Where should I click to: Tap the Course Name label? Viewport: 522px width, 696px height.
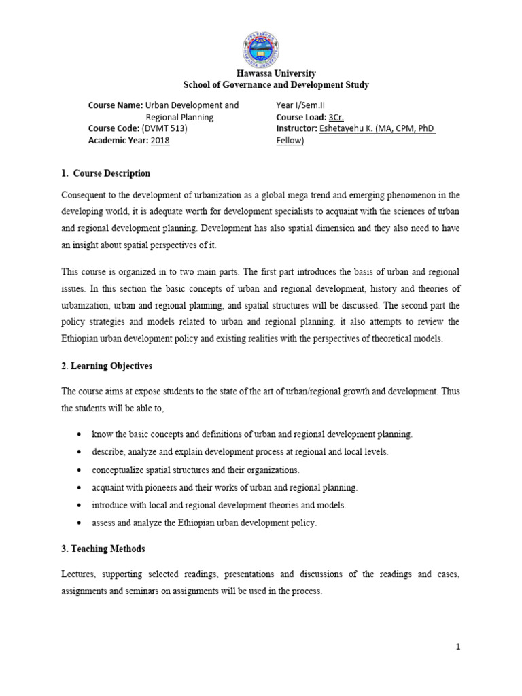[x=115, y=105]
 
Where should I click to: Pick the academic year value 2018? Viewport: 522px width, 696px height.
[x=160, y=140]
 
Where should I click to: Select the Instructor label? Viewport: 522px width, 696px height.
[x=297, y=128]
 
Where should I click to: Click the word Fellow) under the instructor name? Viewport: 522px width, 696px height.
[x=290, y=140]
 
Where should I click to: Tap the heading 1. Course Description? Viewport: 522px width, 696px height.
[x=105, y=173]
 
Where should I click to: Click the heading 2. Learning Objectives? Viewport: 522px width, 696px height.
[x=107, y=366]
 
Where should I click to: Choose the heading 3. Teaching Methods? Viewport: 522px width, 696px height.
[x=103, y=549]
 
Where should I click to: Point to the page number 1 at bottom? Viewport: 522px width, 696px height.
[x=459, y=646]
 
